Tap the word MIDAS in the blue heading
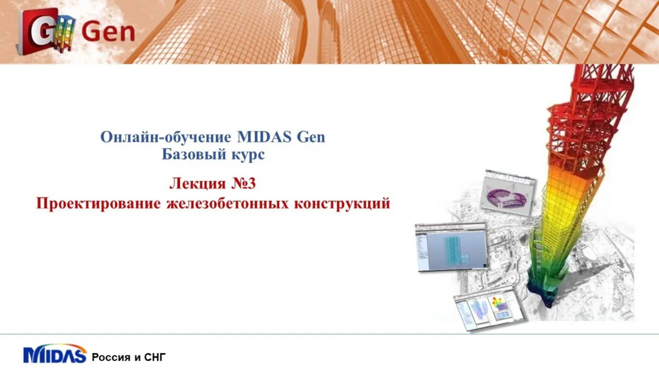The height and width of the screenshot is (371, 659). pos(264,137)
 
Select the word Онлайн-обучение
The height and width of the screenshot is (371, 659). pos(166,137)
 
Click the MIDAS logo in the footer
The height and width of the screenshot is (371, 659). pos(55,355)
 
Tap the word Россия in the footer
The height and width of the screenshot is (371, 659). pos(111,357)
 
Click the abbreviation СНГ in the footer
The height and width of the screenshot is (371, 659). pos(155,357)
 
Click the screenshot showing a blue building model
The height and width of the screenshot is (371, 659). pos(451,247)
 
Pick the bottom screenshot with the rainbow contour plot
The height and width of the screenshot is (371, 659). pos(488,307)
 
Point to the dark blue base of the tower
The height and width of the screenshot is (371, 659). pos(546,293)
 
